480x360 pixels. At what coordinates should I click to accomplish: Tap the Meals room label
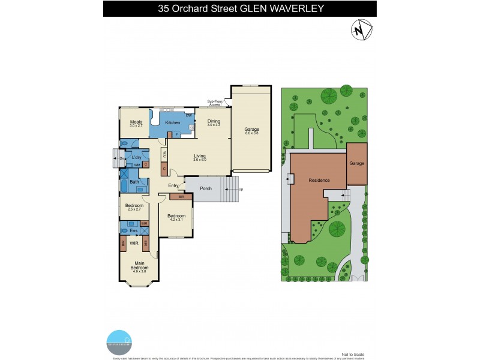tap(136, 122)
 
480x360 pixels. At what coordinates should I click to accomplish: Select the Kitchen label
tap(173, 122)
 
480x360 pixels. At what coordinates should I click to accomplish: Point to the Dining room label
tap(214, 121)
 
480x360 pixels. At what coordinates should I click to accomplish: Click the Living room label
tap(200, 156)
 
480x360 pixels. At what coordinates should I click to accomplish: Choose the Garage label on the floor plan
tap(251, 129)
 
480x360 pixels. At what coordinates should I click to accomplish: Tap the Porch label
tap(205, 188)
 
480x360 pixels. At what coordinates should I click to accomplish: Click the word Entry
tap(173, 185)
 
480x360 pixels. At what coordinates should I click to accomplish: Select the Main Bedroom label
tap(139, 265)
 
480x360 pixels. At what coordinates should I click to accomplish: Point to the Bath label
tap(134, 182)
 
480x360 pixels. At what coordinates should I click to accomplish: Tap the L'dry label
tap(136, 157)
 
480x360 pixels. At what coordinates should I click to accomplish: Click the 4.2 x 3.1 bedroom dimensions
tap(176, 220)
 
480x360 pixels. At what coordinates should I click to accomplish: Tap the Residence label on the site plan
tap(319, 180)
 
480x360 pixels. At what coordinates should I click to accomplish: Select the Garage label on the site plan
tap(358, 163)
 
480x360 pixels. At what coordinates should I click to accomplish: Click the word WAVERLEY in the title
tap(293, 8)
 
